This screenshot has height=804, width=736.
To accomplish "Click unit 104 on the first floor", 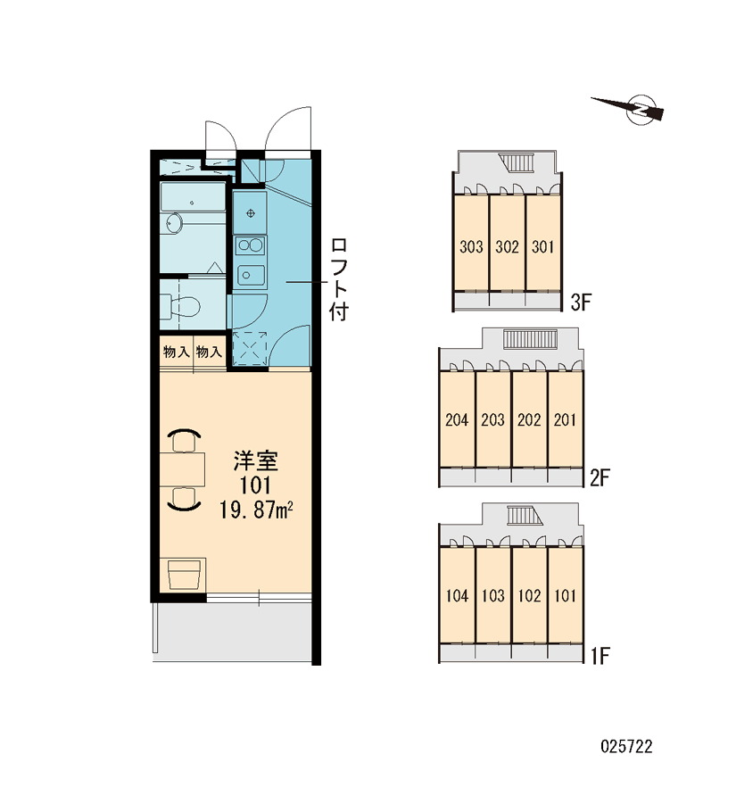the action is (x=457, y=595).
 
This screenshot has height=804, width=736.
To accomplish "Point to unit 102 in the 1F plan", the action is (x=529, y=595).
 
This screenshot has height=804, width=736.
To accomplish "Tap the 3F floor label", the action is (x=581, y=303).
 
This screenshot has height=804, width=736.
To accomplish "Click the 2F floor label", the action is (x=600, y=478).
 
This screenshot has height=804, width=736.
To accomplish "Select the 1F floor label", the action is (x=600, y=655).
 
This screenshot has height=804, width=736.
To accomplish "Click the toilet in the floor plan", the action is (x=179, y=306).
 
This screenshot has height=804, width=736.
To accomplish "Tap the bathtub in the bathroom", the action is (x=192, y=196).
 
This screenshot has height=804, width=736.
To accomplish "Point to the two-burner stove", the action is (x=250, y=245).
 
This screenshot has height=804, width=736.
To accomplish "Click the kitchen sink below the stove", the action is (x=250, y=276).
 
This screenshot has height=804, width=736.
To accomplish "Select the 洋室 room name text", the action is (x=256, y=461).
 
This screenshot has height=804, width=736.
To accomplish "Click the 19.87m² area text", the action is (x=256, y=510).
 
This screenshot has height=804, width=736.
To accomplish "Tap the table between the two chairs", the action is (x=183, y=469).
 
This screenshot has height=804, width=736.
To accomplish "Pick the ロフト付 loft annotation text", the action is (x=339, y=279).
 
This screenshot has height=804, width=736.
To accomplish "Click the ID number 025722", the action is (x=626, y=747).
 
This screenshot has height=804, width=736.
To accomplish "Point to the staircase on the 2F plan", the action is (x=530, y=339).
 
